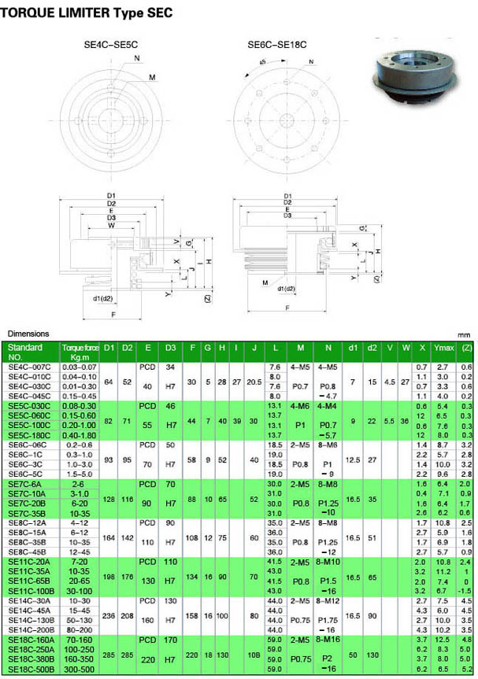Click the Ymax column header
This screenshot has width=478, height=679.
click(443, 347)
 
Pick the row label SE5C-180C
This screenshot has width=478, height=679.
click(30, 435)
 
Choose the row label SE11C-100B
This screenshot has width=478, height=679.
click(31, 590)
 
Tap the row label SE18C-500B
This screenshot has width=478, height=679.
click(31, 668)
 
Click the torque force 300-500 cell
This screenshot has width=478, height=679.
click(80, 668)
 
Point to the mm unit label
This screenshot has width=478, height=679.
click(465, 334)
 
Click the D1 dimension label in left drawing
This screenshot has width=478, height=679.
click(110, 194)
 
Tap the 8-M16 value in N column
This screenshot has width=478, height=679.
click(327, 640)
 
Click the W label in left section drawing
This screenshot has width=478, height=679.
click(111, 226)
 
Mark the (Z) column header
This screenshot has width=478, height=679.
click(466, 347)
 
